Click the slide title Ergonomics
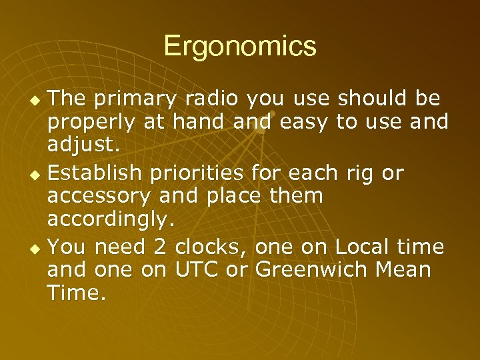[x=239, y=47]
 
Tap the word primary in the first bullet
[x=136, y=99]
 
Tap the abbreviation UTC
[x=199, y=271]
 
